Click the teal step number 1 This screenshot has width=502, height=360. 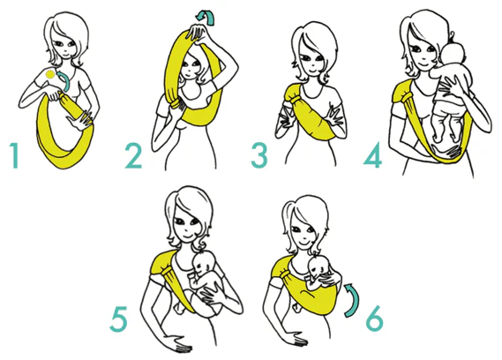[14, 155]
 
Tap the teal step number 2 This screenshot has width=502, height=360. [133, 155]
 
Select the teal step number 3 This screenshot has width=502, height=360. [259, 155]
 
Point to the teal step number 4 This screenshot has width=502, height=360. [373, 155]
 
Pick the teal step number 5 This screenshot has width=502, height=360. [118, 319]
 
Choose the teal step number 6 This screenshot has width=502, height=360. [374, 318]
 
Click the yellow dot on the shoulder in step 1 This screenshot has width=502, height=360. [50, 75]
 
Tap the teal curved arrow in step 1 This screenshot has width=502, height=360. [65, 81]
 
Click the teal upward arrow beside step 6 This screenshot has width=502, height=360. [355, 299]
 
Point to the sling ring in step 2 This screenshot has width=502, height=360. [176, 104]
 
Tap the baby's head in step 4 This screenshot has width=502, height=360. [453, 54]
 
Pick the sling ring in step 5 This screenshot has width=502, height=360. [167, 273]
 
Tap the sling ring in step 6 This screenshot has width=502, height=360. [284, 274]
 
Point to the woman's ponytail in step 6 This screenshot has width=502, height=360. [288, 212]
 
